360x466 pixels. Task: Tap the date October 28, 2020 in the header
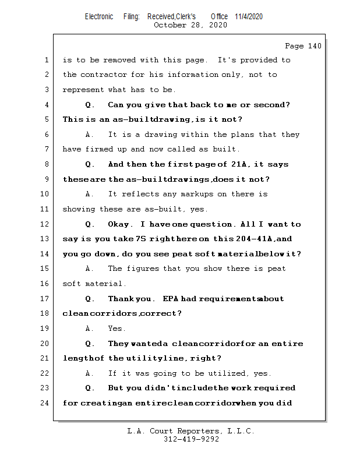pyautogui.click(x=190, y=25)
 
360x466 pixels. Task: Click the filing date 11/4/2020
pyautogui.click(x=249, y=16)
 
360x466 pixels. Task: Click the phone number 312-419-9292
pyautogui.click(x=190, y=439)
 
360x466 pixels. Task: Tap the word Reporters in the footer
pyautogui.click(x=196, y=431)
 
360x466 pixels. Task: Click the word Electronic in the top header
pyautogui.click(x=99, y=16)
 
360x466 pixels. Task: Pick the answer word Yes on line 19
pyautogui.click(x=117, y=329)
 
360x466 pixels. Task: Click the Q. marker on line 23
pyautogui.click(x=90, y=388)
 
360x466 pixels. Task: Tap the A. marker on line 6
pyautogui.click(x=90, y=135)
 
